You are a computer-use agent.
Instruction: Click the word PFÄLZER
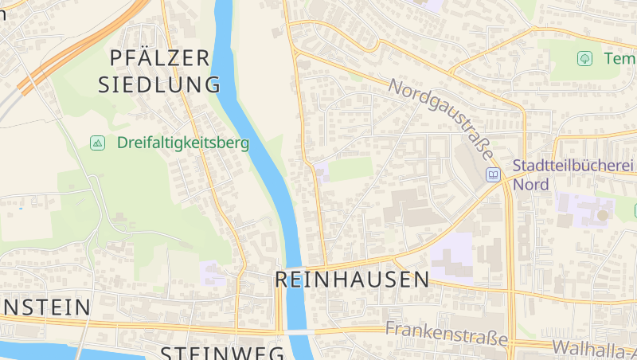pos(159,57)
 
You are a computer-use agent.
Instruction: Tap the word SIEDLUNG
pos(159,84)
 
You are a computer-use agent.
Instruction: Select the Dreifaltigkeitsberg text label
pos(183,143)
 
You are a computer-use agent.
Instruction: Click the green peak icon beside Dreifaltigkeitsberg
pos(98,143)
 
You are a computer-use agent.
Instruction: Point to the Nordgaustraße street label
pos(443,119)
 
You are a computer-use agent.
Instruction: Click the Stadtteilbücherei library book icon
pos(494,174)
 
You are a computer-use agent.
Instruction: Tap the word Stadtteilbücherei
pos(573,166)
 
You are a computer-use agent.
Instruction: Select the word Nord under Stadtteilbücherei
pos(531,185)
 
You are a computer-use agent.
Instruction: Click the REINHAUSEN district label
pos(352,280)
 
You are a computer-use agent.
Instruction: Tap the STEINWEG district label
pos(223,353)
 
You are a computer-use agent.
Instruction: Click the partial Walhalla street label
pos(594,347)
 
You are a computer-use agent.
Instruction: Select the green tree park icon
pos(585,58)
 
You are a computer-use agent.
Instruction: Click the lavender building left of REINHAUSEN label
pos(213,272)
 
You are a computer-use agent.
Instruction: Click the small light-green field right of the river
pos(350,169)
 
